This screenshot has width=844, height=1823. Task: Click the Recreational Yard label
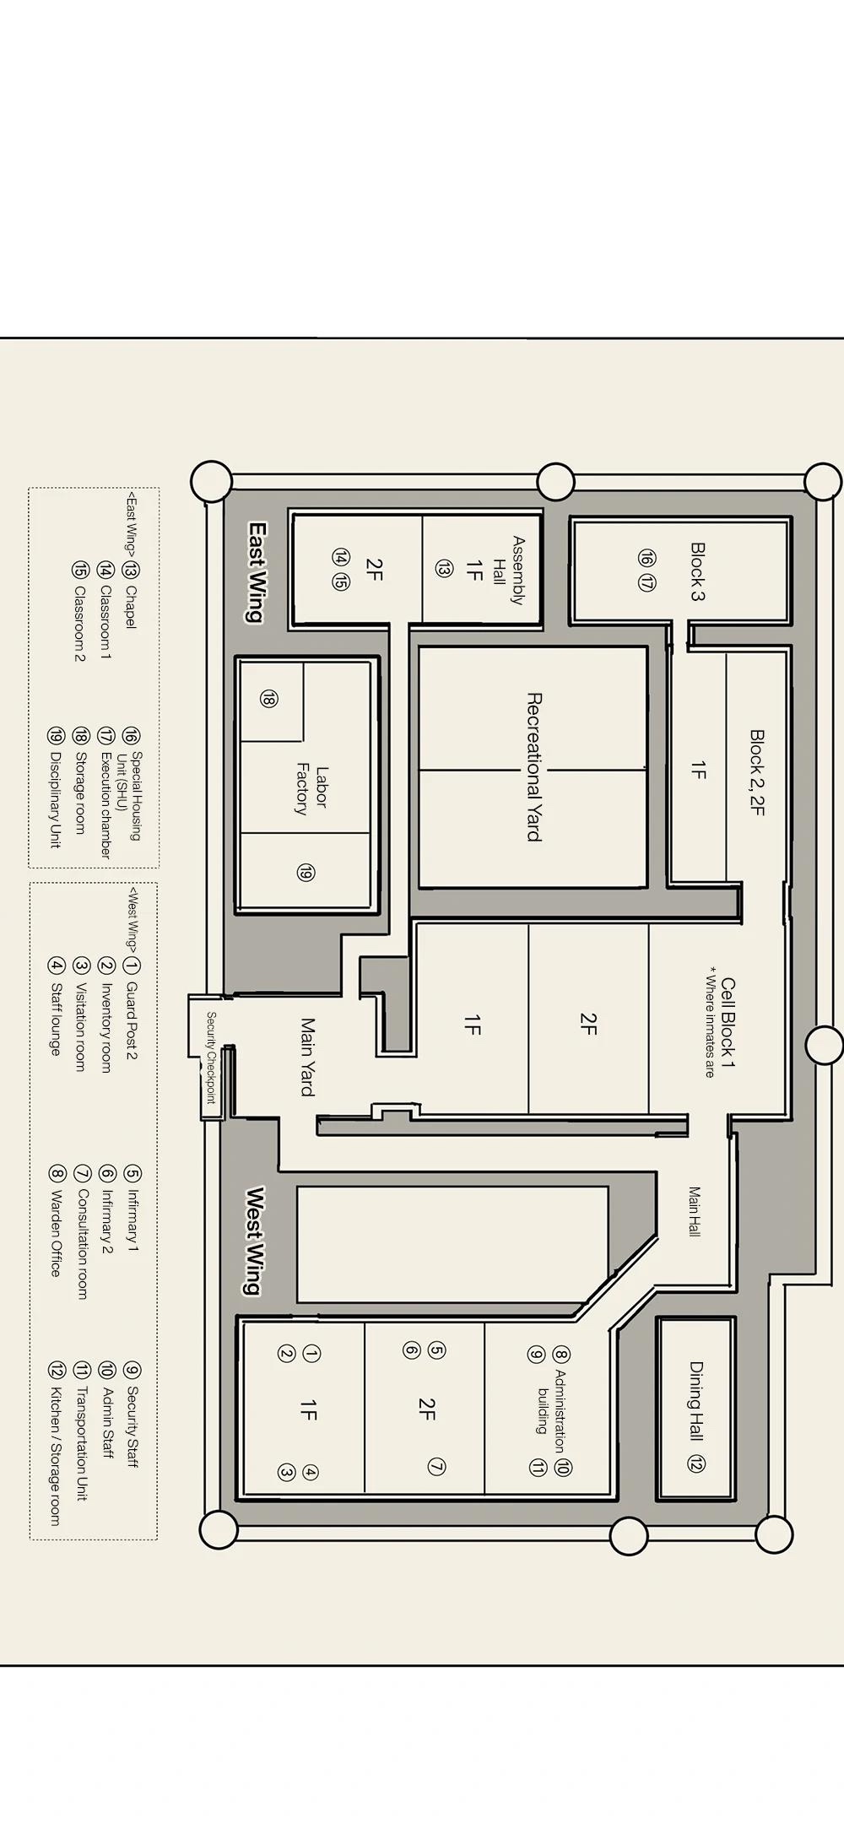[533, 766]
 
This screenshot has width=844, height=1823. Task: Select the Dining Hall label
[697, 1401]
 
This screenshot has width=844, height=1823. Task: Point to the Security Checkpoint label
[211, 1058]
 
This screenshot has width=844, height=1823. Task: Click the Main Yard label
[307, 1057]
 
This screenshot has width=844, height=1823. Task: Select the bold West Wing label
[254, 1240]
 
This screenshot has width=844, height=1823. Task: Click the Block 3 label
[698, 571]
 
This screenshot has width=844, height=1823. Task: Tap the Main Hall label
[694, 1211]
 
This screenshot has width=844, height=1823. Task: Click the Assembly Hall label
[509, 571]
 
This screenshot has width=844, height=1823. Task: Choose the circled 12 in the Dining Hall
[696, 1464]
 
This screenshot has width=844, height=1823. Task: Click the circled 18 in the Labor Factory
[268, 698]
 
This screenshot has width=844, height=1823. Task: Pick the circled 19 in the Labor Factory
[306, 873]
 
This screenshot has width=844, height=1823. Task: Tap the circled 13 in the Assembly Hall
[443, 570]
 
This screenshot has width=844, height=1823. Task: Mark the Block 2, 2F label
[757, 772]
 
